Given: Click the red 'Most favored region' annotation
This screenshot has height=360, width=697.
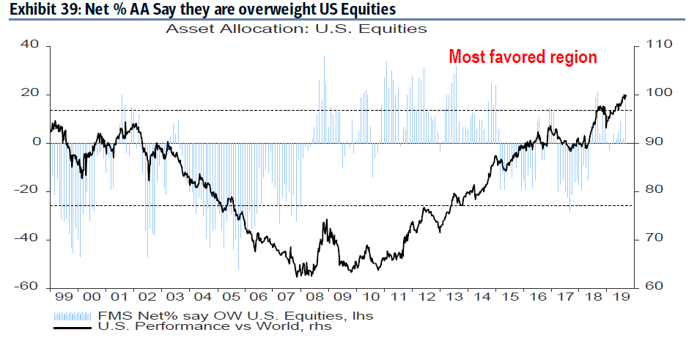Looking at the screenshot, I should tap(523, 56).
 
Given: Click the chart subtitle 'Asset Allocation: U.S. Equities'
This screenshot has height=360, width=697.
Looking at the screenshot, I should tap(296, 29).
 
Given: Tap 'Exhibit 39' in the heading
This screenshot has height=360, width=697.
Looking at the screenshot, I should tap(37, 10).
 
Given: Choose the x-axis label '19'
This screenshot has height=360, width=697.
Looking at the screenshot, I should tap(620, 298).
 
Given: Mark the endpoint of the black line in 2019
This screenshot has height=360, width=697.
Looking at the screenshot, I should tap(625, 95).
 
